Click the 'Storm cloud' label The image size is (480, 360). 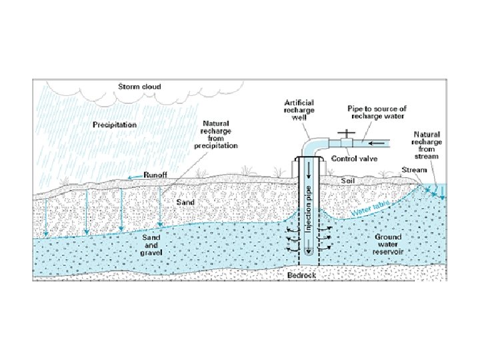pos(139,87)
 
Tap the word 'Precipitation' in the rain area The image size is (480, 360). pos(115,125)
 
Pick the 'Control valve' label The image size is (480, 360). pos(354,159)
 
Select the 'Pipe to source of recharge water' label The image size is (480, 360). pos(377,112)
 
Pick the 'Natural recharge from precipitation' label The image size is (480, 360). pos(215,135)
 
